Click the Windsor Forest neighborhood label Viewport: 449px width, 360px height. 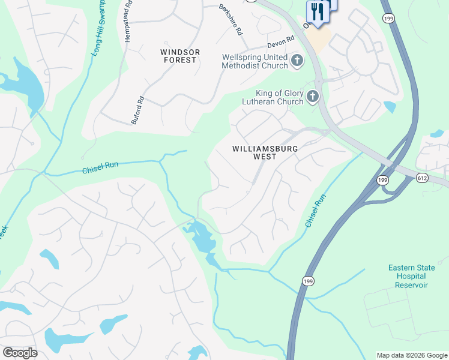pyautogui.click(x=179, y=56)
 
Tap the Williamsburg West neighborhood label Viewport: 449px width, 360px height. pyautogui.click(x=264, y=152)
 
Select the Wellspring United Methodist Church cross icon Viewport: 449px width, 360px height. pyautogui.click(x=297, y=61)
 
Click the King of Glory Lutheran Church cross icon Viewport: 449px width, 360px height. pyautogui.click(x=312, y=97)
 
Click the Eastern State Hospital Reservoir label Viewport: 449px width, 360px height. pyautogui.click(x=408, y=276)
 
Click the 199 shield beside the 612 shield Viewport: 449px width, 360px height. pyautogui.click(x=382, y=179)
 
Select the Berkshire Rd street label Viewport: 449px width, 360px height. pyautogui.click(x=231, y=20)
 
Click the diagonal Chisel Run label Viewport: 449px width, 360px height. pyautogui.click(x=315, y=210)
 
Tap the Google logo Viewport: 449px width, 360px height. pyautogui.click(x=20, y=352)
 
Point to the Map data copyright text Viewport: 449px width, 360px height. pyautogui.click(x=412, y=355)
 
